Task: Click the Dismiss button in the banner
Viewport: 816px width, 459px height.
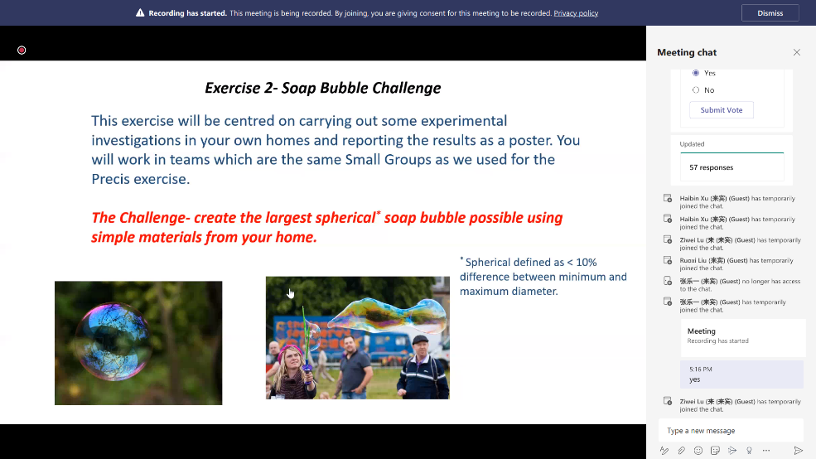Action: [x=770, y=13]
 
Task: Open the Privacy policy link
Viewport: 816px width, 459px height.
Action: [x=576, y=13]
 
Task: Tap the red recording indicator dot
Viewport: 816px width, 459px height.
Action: [x=22, y=50]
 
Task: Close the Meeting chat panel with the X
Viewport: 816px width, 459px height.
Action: [x=797, y=52]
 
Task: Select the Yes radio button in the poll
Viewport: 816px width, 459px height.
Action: [x=696, y=73]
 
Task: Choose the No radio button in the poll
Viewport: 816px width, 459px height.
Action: [x=696, y=90]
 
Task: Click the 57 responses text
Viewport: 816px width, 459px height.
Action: [x=711, y=167]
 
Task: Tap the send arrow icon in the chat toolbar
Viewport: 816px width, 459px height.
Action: [x=798, y=450]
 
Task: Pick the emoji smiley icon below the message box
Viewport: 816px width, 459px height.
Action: [x=698, y=450]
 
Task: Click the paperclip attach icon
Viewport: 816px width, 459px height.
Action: [x=681, y=450]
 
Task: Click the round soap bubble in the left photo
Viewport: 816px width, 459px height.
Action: [x=113, y=341]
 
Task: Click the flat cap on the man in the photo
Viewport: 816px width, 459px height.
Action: [x=421, y=340]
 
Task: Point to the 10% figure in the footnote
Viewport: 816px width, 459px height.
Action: [x=586, y=263]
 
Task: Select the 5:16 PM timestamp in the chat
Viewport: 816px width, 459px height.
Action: [x=701, y=369]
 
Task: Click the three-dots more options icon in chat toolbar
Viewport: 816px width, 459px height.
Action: [x=766, y=450]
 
